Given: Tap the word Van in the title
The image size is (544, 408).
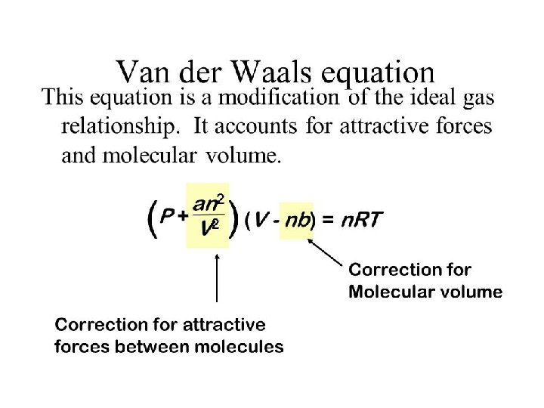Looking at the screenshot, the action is tap(142, 73).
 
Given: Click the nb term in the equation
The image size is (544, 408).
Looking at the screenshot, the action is tap(296, 221).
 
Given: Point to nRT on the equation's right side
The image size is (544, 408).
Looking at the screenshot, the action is tap(362, 221).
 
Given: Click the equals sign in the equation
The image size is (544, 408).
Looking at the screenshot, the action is tap(328, 221).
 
